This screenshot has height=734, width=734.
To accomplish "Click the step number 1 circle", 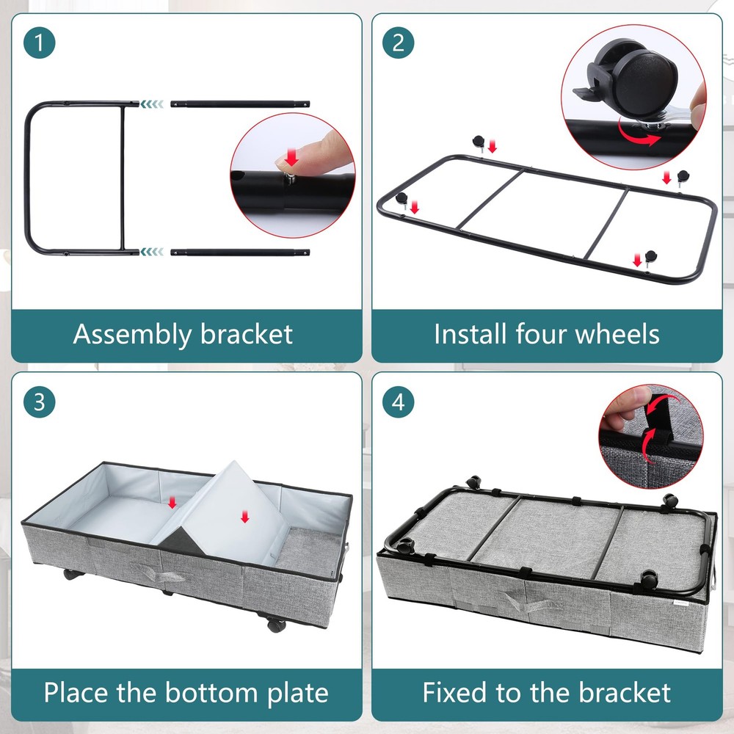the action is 40,43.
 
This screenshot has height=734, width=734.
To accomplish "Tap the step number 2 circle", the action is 399,43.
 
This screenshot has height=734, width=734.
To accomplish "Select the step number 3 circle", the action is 40,401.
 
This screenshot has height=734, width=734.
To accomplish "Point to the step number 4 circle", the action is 399,401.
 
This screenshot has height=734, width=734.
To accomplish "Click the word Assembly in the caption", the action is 132,335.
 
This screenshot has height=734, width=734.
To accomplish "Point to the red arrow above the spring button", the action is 291,157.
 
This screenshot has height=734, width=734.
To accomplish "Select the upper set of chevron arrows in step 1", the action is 152,104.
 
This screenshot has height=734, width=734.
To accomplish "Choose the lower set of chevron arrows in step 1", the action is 152,252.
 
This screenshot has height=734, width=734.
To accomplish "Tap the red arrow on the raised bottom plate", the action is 244,517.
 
